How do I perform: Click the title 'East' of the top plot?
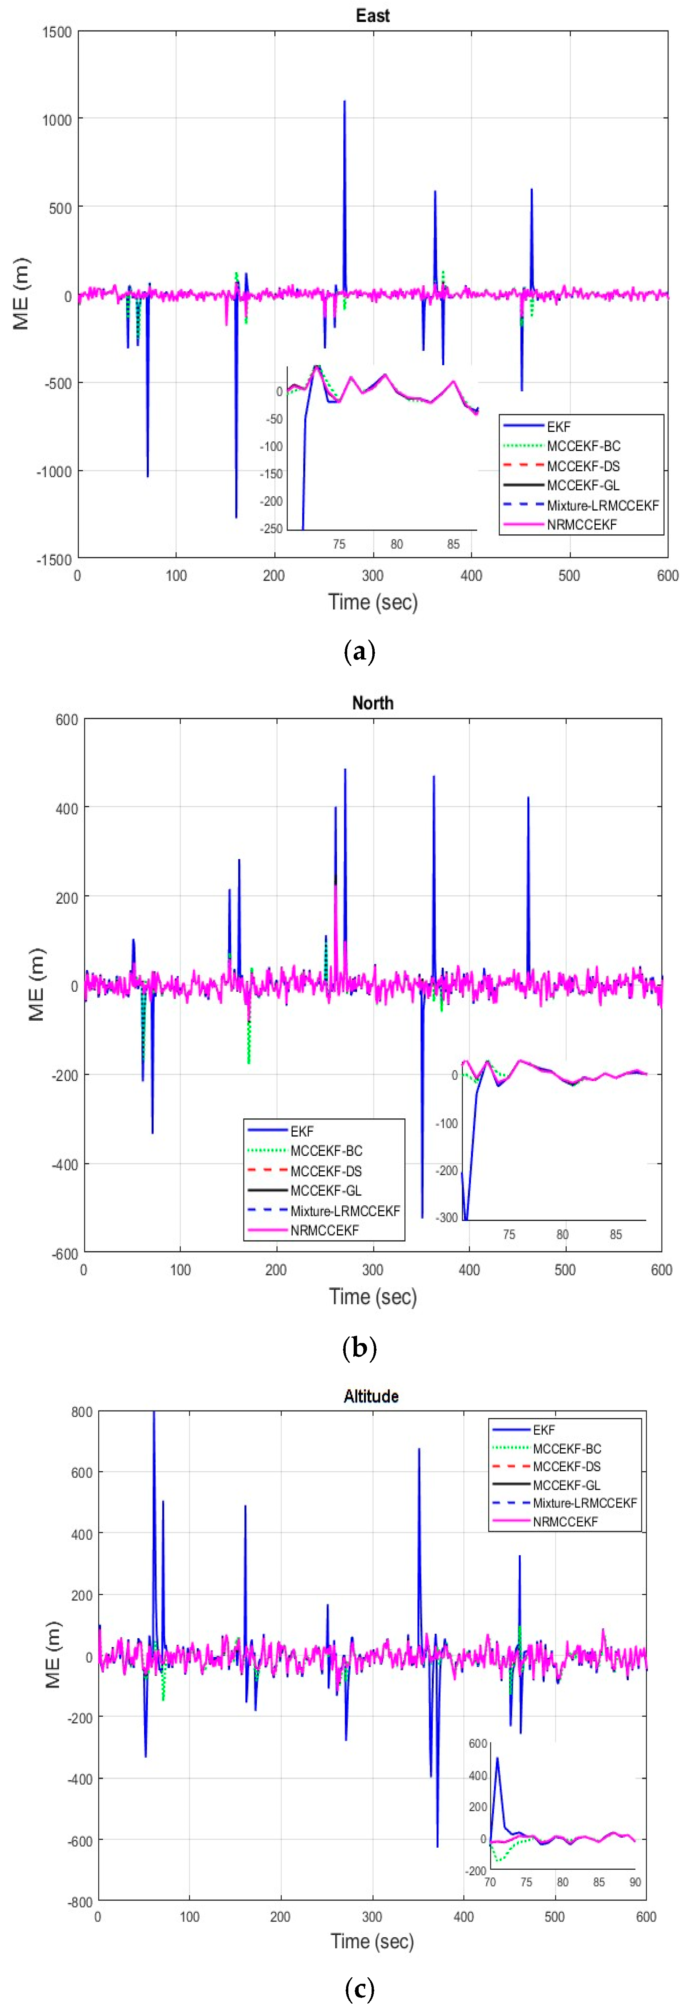(x=372, y=16)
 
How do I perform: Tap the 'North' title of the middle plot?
(x=372, y=703)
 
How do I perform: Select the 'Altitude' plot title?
(x=371, y=1396)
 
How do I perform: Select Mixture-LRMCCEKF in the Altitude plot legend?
(x=585, y=1503)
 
